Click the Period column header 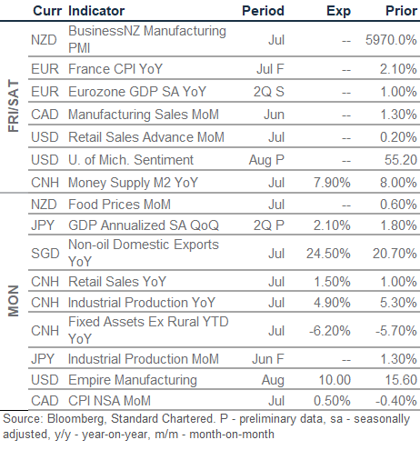click(263, 11)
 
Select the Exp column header click(338, 12)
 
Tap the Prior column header click(401, 11)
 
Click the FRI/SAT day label click(14, 105)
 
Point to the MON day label click(14, 301)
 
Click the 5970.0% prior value click(391, 40)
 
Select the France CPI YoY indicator click(115, 69)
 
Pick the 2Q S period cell click(269, 92)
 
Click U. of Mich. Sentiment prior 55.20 click(401, 160)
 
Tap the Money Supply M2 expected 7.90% click(332, 183)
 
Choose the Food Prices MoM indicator click(119, 205)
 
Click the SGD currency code click(45, 254)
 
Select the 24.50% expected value click(328, 254)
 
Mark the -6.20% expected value click(330, 331)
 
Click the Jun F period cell click(268, 359)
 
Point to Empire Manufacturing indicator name click(133, 380)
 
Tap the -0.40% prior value click(396, 401)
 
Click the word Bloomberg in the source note click(76, 419)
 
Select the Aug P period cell click(266, 160)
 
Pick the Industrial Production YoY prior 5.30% click(398, 303)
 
